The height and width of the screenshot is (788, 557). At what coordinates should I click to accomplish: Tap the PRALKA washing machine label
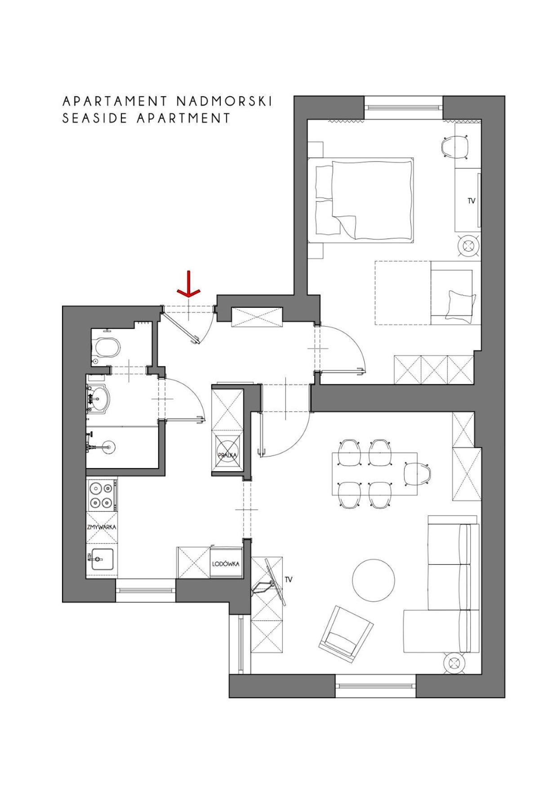click(227, 455)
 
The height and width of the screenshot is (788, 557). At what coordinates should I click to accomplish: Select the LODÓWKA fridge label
click(226, 564)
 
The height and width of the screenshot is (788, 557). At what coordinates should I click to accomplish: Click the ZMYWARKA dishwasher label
click(102, 526)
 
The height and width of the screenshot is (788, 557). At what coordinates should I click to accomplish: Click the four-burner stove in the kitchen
click(102, 494)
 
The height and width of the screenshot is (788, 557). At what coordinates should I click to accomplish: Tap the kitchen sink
click(102, 559)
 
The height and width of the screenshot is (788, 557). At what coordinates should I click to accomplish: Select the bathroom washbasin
click(98, 397)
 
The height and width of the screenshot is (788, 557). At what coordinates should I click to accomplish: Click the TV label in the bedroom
click(471, 201)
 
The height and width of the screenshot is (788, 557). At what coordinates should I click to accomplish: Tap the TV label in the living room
click(289, 579)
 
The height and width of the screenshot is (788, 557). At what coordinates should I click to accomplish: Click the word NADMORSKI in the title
click(224, 101)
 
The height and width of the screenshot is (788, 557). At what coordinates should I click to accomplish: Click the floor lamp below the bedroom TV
click(469, 245)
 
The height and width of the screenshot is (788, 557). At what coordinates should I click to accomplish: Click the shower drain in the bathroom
click(108, 447)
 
